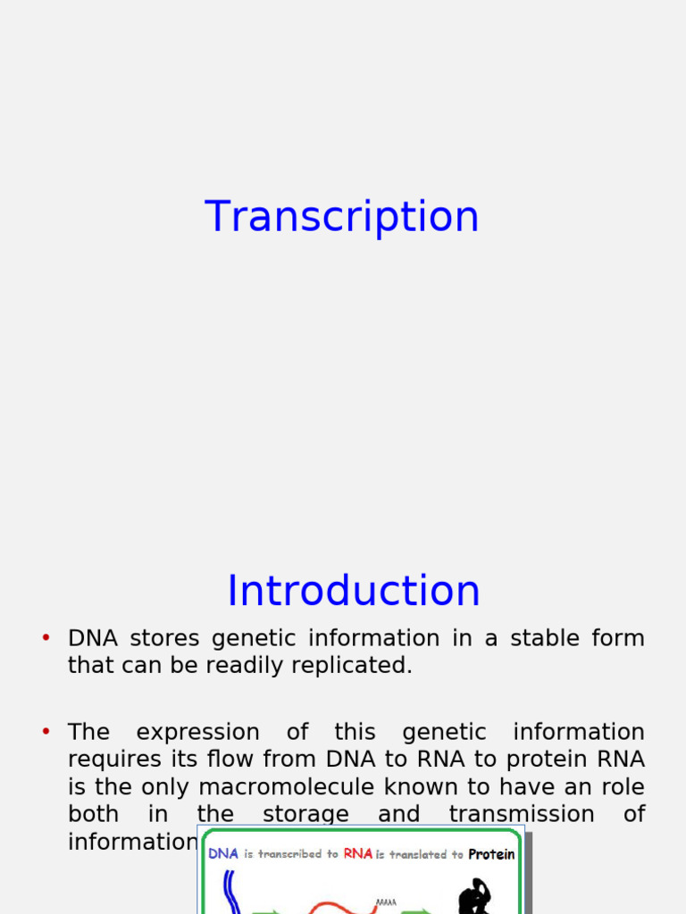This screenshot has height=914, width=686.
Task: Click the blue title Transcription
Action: [x=342, y=217]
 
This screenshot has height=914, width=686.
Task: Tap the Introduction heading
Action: [x=354, y=591]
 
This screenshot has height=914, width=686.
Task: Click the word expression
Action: [x=197, y=732]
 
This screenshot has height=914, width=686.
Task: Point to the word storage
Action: [x=305, y=814]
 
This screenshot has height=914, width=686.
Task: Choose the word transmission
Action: [x=523, y=814]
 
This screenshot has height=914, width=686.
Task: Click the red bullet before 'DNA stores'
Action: [x=46, y=637]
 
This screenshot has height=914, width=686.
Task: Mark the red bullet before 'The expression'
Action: [x=46, y=731]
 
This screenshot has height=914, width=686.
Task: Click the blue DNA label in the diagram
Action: [x=223, y=853]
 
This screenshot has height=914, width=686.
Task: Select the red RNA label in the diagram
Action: [x=357, y=853]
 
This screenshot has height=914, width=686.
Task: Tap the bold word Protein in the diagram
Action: [x=491, y=854]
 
